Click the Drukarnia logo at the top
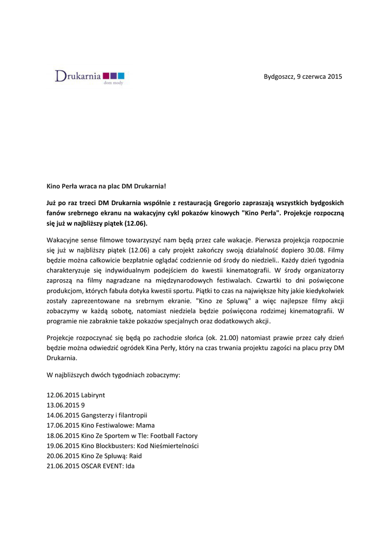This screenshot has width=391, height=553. click(x=90, y=77)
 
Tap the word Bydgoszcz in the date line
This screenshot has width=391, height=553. click(x=279, y=77)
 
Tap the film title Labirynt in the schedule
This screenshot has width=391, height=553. click(x=93, y=395)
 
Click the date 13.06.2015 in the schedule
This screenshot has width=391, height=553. click(x=63, y=405)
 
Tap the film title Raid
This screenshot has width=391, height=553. click(x=135, y=456)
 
